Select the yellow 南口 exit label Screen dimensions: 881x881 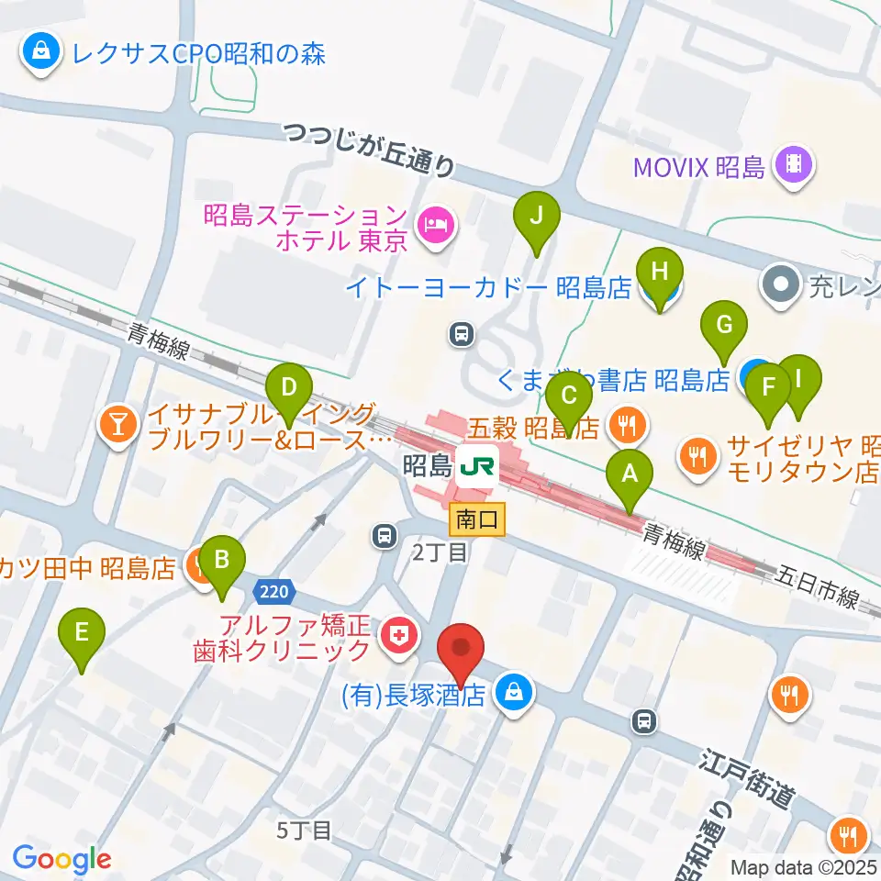[x=476, y=520]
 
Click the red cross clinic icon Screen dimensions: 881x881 [x=398, y=634]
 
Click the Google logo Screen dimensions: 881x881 [x=61, y=860]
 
